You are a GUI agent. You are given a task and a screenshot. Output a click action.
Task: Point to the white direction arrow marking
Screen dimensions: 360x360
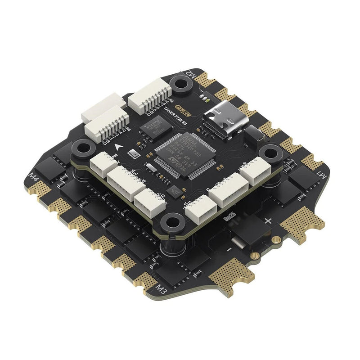tap(119, 147)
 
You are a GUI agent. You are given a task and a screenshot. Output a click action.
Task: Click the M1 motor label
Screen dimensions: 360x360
tap(321, 173)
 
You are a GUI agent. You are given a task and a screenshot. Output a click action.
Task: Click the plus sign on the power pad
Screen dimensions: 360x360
tap(269, 221)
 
